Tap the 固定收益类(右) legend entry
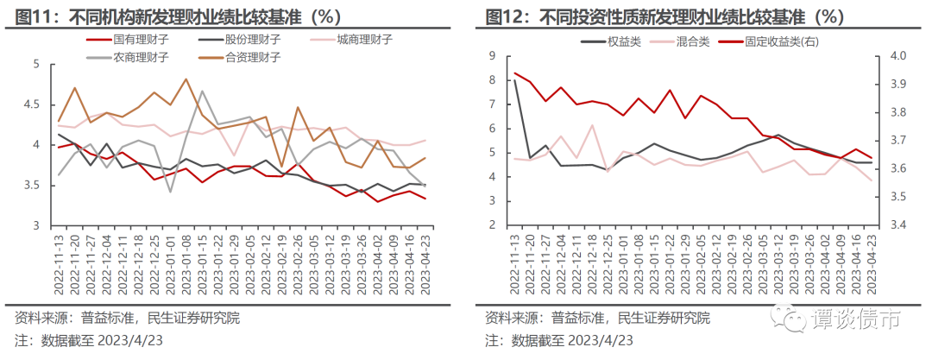click(x=781, y=41)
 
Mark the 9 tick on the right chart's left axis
click(x=492, y=56)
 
